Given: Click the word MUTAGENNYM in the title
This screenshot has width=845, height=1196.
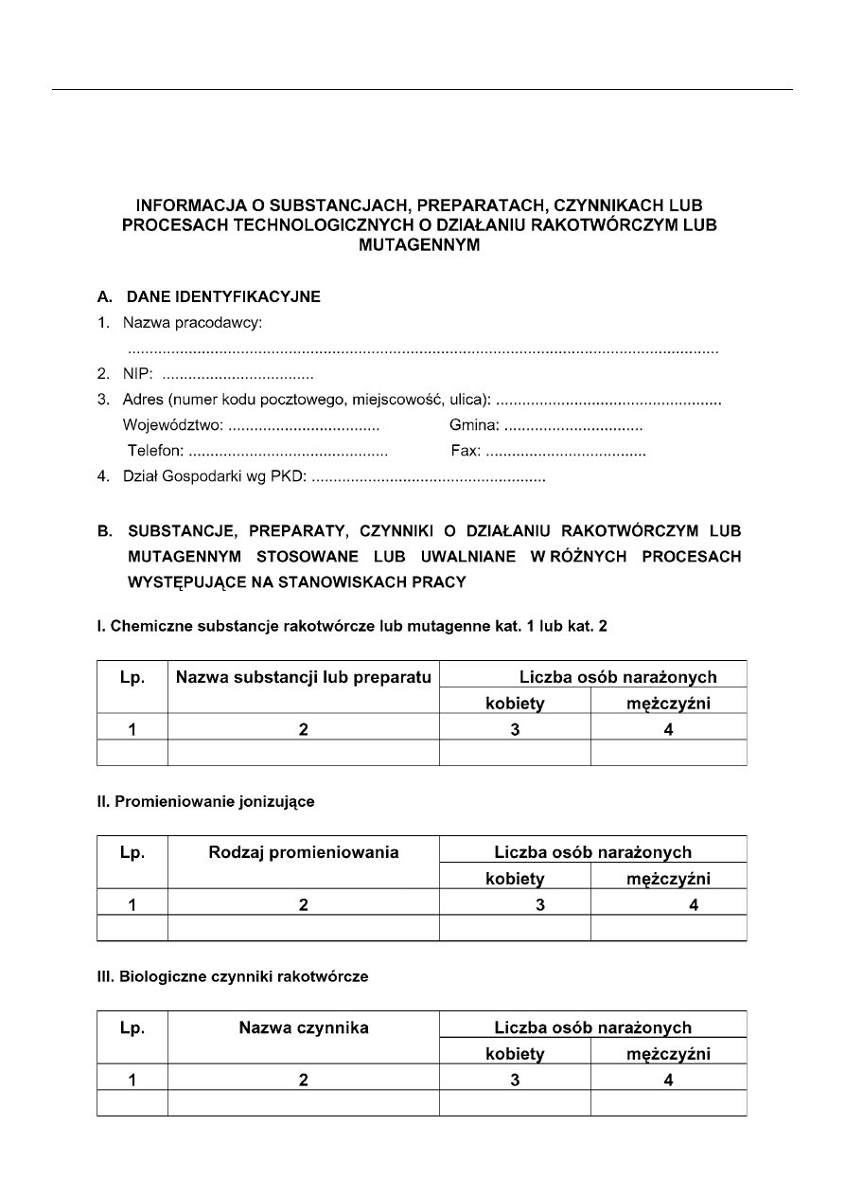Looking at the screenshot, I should (421, 244).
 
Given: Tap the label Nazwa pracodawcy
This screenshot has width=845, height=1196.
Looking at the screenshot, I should (192, 324).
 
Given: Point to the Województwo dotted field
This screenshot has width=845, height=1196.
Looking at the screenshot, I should (304, 427).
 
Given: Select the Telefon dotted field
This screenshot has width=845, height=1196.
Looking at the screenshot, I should (289, 453).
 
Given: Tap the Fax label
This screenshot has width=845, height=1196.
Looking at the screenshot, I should (466, 453).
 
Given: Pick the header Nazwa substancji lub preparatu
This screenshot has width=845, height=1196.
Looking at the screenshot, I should (303, 677).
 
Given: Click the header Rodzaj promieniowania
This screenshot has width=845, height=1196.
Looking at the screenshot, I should (303, 852).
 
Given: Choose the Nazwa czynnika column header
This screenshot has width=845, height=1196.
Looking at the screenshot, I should (303, 1027).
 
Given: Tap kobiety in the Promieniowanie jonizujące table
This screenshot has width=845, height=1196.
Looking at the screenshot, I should (515, 879).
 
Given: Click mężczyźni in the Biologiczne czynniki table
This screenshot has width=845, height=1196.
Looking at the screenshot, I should (668, 1054).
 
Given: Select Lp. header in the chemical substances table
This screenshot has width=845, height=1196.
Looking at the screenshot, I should (132, 677).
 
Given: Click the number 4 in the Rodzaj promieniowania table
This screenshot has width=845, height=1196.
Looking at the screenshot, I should (694, 905).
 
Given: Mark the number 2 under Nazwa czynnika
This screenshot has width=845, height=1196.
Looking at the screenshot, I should (303, 1080).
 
